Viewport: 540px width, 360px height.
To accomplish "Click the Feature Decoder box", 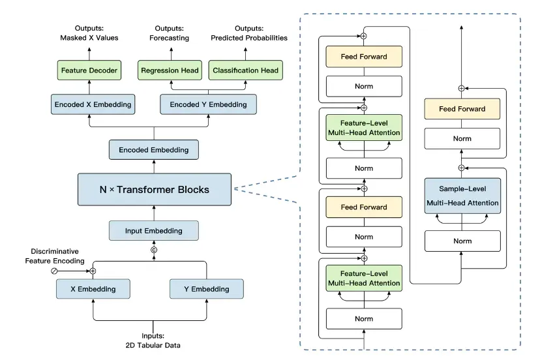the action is click(89, 70).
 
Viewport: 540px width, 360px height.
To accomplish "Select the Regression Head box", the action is click(170, 70).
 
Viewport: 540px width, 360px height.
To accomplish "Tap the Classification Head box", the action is click(246, 70).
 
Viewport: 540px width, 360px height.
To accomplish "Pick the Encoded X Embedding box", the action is click(93, 104).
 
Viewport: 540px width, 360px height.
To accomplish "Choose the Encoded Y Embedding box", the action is click(208, 104).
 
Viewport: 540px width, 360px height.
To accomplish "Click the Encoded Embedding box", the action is click(154, 150).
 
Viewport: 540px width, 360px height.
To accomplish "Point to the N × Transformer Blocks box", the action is click(155, 190).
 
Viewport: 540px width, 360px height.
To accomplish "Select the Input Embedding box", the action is click(154, 230).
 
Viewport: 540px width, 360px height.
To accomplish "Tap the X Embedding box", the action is click(93, 289).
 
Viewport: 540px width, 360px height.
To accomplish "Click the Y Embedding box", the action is click(207, 289).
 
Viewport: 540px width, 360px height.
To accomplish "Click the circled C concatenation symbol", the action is click(154, 250).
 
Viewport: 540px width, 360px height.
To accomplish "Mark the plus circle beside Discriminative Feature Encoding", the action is click(93, 271).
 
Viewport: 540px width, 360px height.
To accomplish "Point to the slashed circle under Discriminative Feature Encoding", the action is click(54, 271).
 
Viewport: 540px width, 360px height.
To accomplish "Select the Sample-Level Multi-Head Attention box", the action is click(462, 196).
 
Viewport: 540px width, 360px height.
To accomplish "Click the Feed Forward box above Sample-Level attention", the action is click(462, 109).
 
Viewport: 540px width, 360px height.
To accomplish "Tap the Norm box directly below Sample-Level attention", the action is click(462, 241).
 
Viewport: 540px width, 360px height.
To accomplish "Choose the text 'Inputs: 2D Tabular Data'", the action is click(153, 340).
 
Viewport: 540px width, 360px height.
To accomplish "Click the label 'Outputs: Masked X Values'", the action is click(89, 33).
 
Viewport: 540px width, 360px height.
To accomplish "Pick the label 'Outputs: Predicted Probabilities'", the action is click(249, 33).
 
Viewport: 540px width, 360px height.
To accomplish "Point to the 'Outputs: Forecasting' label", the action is click(169, 33).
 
